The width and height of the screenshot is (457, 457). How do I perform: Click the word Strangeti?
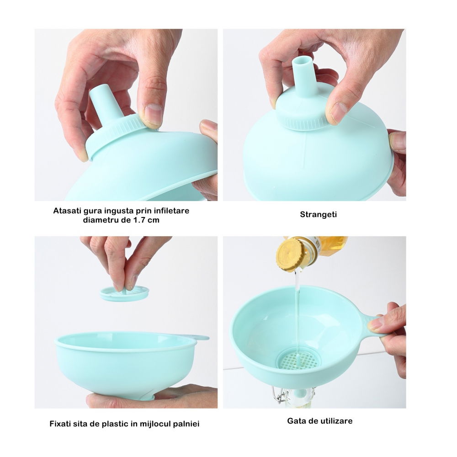[319, 214]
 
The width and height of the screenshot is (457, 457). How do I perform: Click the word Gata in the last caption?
[297, 421]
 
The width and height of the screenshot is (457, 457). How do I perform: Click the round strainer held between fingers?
[124, 293]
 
